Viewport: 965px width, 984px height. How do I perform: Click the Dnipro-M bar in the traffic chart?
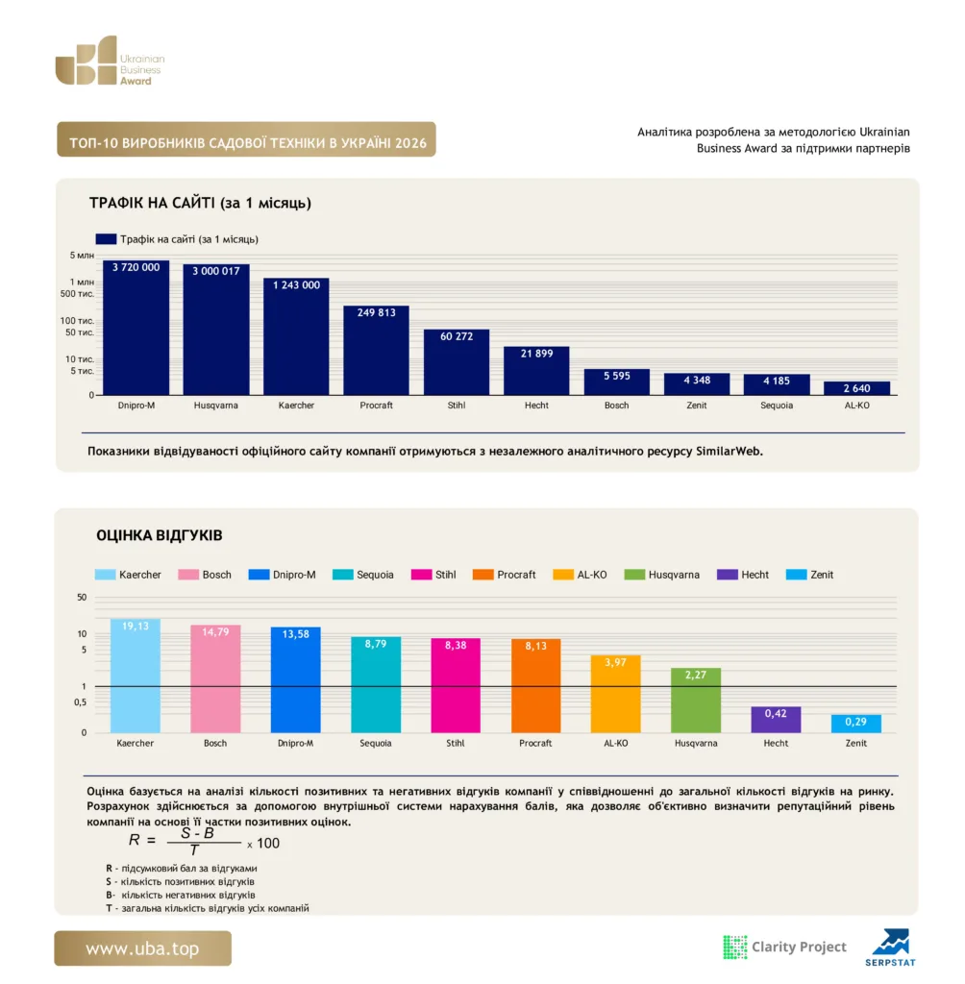tap(136, 328)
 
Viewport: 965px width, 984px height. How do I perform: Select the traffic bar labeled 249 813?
tap(376, 350)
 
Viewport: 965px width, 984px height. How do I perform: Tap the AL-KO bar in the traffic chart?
tap(856, 388)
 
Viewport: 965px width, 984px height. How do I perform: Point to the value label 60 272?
tap(457, 336)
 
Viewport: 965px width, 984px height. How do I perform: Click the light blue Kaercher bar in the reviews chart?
tap(135, 676)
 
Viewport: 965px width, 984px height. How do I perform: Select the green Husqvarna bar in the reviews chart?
tap(696, 701)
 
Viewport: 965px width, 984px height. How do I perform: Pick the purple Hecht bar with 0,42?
tap(776, 720)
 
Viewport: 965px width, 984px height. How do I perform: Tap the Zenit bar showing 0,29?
tap(855, 724)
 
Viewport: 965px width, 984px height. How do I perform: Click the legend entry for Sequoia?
tap(363, 575)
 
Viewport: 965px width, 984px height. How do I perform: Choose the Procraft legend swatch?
tap(482, 575)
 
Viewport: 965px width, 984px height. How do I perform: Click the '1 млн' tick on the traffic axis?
tap(82, 283)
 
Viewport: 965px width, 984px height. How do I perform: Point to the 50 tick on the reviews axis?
tap(82, 598)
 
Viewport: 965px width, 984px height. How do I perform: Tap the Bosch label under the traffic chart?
tap(616, 406)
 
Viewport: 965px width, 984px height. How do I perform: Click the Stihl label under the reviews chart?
tap(456, 743)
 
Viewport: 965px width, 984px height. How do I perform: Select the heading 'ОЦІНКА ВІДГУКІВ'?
tap(160, 535)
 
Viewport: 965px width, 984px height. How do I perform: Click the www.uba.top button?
tap(142, 948)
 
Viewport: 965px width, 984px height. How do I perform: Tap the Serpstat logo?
tap(890, 947)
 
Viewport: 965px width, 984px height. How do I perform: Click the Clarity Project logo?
tap(785, 947)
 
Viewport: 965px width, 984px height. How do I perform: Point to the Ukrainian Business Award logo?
tap(110, 61)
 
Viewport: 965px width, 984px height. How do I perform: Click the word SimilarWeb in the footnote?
tap(729, 452)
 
